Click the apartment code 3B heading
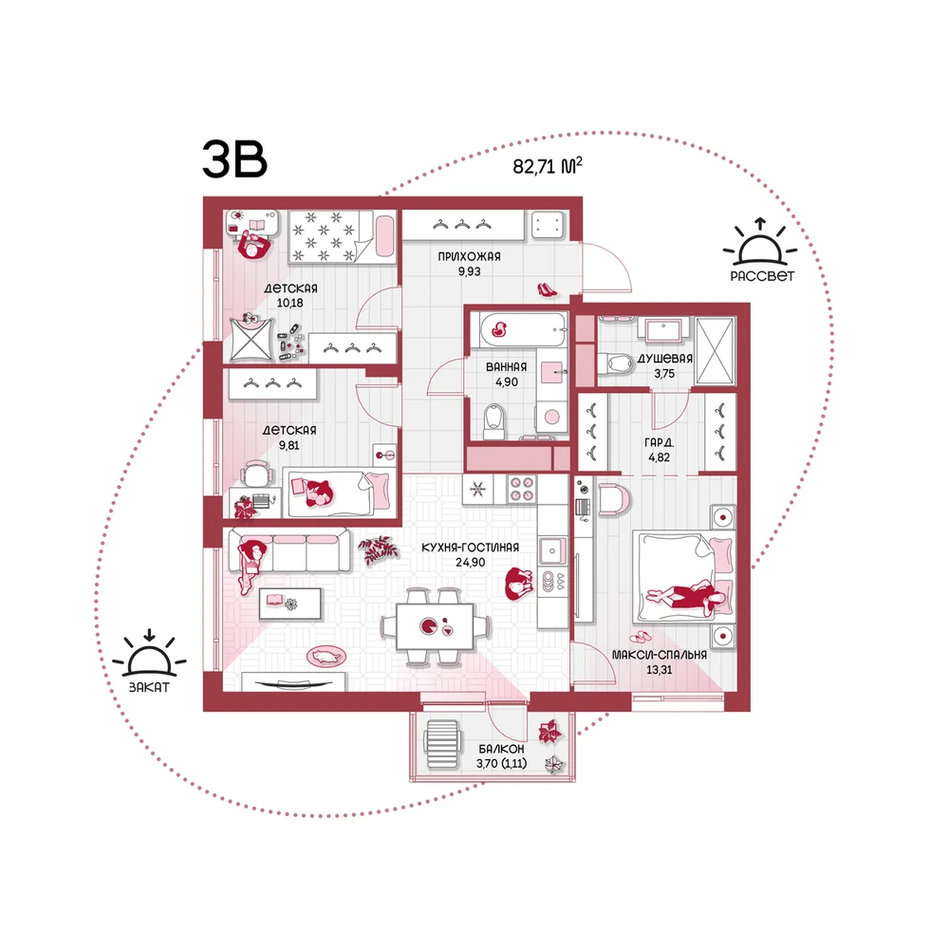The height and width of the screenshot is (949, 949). point(234,159)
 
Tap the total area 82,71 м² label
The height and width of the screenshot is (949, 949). point(548,165)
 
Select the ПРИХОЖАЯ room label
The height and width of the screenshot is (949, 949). point(469,256)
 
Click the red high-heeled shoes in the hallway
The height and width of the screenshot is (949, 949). point(547,289)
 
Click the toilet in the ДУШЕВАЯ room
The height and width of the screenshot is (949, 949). point(616,363)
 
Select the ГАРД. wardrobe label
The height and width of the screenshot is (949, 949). point(660,442)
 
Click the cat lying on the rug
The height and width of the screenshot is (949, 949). point(326,656)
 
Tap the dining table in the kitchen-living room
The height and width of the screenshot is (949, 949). point(436,626)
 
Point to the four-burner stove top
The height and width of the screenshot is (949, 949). point(522,489)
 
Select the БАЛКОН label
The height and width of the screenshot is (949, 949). point(501,749)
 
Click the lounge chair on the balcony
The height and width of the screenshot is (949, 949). point(442,743)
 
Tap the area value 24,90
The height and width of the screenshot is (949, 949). point(471,562)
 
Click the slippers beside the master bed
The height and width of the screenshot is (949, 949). point(641,636)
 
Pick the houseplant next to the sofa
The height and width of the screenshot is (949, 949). point(378,550)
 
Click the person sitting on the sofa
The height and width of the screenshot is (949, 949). point(251,565)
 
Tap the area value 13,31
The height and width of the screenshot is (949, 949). point(660,669)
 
